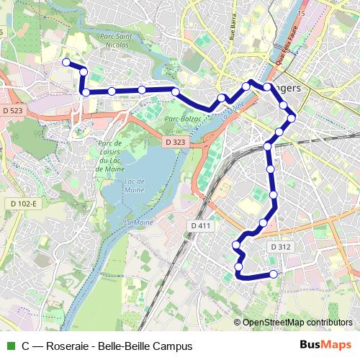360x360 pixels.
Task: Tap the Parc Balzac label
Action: (x=181, y=117)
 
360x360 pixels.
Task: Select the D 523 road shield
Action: (x=13, y=111)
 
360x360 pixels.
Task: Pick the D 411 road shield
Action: (x=202, y=226)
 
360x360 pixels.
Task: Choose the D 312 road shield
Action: (x=281, y=247)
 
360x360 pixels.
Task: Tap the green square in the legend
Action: (x=9, y=346)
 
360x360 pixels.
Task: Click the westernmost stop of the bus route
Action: (x=66, y=63)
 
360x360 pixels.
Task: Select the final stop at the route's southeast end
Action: (x=274, y=274)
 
